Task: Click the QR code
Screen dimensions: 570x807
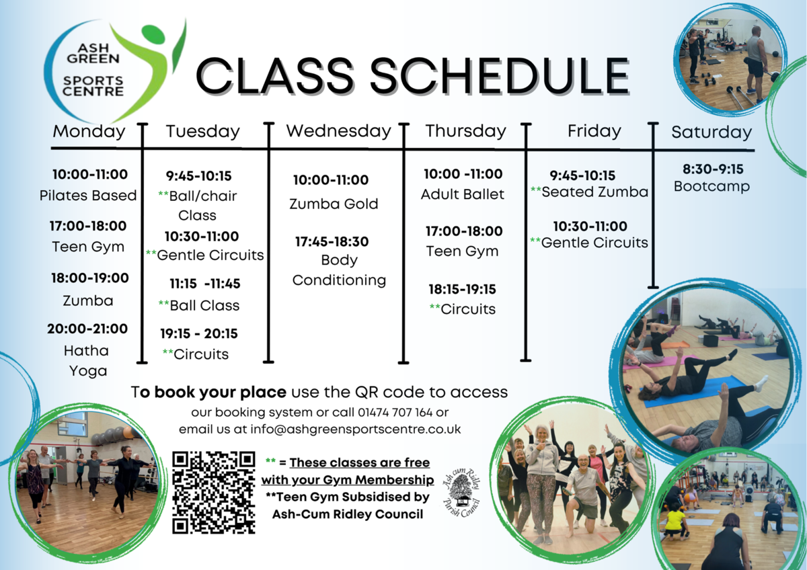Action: click(214, 493)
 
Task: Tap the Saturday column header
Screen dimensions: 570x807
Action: click(711, 132)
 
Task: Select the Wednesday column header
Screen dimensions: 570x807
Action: click(338, 130)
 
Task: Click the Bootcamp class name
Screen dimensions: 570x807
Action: click(712, 186)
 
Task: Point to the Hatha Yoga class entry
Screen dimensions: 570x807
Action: click(87, 360)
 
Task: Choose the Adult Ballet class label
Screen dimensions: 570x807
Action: click(463, 195)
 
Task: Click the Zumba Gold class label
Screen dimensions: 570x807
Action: click(334, 204)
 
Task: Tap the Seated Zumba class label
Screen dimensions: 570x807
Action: click(594, 192)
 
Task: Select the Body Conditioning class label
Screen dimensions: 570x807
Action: click(339, 270)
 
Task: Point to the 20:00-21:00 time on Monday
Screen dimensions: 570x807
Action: click(87, 329)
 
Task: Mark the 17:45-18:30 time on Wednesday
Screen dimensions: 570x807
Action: click(332, 241)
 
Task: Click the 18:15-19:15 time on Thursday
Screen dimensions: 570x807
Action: click(462, 289)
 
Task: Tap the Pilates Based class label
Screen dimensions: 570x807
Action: click(87, 196)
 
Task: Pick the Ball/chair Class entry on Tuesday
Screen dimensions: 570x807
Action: click(198, 206)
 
